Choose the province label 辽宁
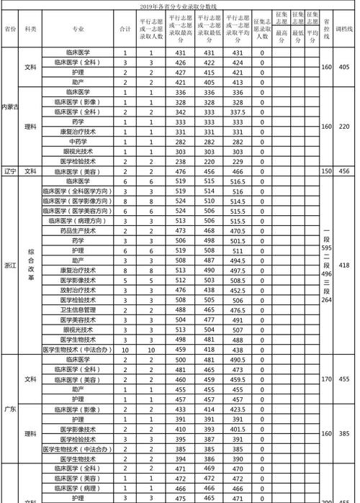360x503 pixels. pos(10,171)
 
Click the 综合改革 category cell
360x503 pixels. pos(30,265)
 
